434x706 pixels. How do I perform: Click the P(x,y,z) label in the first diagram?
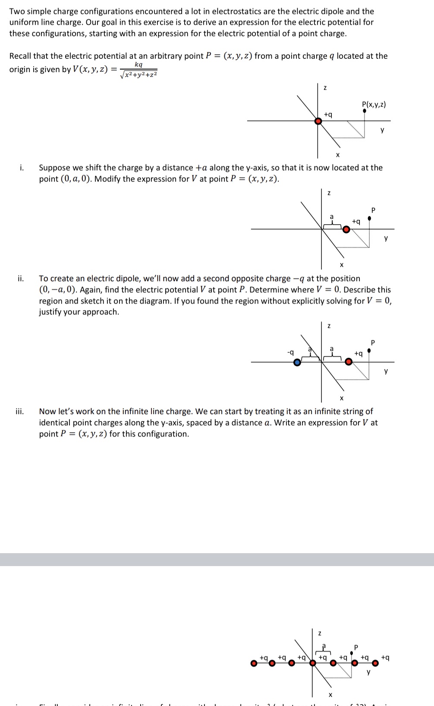pyautogui.click(x=374, y=104)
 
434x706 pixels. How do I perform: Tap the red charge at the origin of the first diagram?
pyautogui.click(x=318, y=121)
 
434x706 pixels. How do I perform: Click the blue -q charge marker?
pyautogui.click(x=297, y=362)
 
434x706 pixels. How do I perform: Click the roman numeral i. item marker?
pyautogui.click(x=22, y=168)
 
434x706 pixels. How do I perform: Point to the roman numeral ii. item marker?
pyautogui.click(x=21, y=279)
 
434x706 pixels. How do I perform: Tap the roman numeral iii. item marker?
pyautogui.click(x=20, y=412)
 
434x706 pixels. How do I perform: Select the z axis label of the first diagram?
pyautogui.click(x=325, y=88)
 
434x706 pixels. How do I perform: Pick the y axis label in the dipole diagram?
pyautogui.click(x=386, y=370)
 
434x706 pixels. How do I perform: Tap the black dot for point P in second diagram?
pyautogui.click(x=369, y=218)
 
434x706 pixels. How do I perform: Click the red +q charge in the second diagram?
pyautogui.click(x=346, y=230)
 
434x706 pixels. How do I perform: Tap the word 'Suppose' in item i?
pyautogui.click(x=55, y=168)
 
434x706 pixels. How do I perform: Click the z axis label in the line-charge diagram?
pyautogui.click(x=319, y=633)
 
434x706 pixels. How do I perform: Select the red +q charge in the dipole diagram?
pyautogui.click(x=349, y=362)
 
